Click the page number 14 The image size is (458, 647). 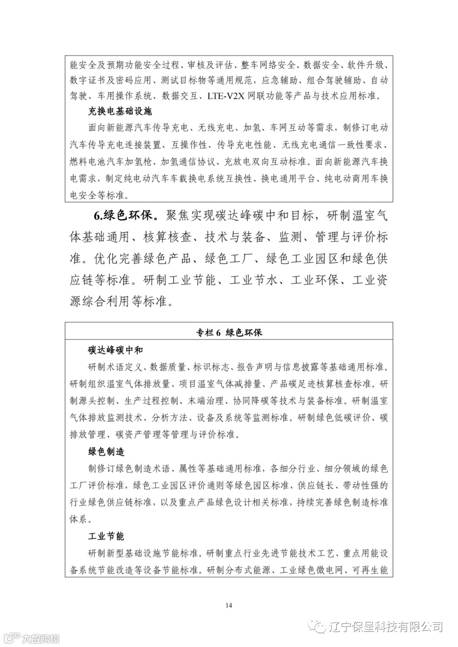[x=229, y=605]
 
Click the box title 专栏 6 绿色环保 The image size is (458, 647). [x=229, y=332]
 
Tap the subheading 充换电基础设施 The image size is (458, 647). [x=120, y=112]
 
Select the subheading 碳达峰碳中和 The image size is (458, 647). [x=115, y=350]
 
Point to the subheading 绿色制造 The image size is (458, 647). [x=106, y=452]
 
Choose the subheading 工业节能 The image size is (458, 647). [x=106, y=536]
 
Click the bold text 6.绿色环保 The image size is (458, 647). [x=123, y=216]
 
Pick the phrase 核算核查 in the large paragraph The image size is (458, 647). [x=167, y=237]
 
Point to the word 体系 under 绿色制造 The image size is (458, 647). [x=78, y=519]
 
